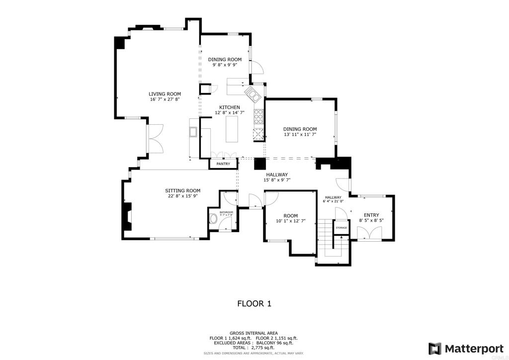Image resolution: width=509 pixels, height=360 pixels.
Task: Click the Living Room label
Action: (165, 93)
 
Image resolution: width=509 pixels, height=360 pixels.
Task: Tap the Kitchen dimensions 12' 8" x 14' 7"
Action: (230, 113)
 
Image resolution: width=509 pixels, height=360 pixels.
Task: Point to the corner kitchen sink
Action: (252, 93)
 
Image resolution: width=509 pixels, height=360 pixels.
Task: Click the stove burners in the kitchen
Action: (258, 117)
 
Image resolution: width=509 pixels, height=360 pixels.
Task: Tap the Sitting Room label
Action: (182, 190)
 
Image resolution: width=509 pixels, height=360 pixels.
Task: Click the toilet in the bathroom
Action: (215, 219)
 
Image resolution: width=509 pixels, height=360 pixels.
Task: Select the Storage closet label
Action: (341, 228)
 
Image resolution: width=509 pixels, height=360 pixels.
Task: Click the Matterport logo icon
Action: (435, 348)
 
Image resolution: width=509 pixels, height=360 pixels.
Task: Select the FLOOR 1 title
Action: (254, 303)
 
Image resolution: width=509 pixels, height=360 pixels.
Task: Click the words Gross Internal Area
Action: (254, 333)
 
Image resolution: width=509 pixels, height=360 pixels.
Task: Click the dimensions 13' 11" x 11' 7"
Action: (300, 134)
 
